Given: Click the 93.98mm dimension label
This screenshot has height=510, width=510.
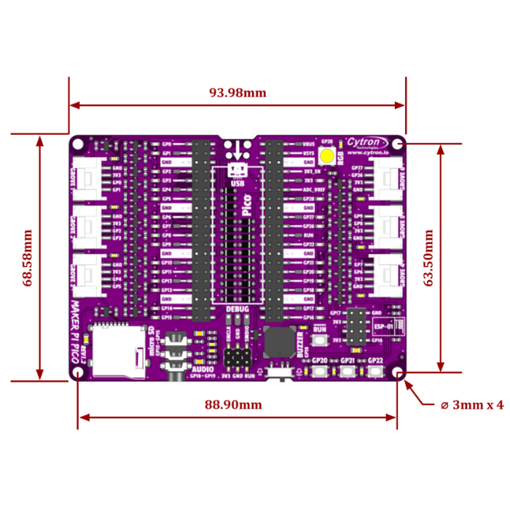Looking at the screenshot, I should click(238, 93).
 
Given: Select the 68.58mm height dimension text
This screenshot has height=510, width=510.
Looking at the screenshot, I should click(27, 259).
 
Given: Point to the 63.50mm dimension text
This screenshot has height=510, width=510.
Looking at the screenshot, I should click(428, 259).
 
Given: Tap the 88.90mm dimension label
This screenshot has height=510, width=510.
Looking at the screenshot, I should click(233, 404).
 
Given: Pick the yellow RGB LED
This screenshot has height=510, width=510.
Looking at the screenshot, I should click(327, 155).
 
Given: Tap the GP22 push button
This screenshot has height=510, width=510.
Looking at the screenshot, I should click(375, 372).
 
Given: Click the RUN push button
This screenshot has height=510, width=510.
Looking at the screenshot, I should click(319, 339).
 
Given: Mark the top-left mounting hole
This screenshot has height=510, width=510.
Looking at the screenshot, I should click(78, 144).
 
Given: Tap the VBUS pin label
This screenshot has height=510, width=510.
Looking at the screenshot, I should click(308, 144).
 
